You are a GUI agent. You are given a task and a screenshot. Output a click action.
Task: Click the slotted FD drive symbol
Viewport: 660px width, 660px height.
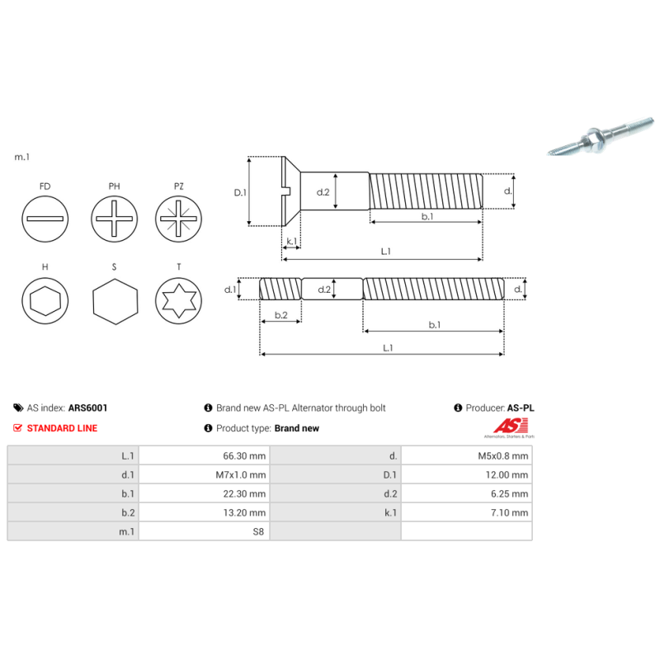click(x=45, y=219)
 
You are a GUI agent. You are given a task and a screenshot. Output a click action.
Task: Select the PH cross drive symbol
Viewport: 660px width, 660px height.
click(x=113, y=219)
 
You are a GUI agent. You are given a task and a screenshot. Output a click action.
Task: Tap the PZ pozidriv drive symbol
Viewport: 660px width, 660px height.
click(x=179, y=219)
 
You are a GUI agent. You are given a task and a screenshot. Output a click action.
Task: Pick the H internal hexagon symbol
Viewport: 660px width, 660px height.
click(x=45, y=303)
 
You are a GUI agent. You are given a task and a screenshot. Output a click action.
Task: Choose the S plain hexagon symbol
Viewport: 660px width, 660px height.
click(x=113, y=303)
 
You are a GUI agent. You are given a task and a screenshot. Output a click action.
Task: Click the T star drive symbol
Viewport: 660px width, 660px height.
click(x=179, y=303)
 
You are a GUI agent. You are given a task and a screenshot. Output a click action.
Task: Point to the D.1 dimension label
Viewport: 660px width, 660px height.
click(x=240, y=192)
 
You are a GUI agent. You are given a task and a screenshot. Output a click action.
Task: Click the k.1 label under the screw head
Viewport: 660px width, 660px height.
click(x=291, y=242)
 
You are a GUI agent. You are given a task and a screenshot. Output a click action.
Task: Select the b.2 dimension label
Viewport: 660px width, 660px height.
click(x=280, y=315)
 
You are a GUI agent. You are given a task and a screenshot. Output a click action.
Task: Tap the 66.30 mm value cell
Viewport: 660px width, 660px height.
click(x=204, y=455)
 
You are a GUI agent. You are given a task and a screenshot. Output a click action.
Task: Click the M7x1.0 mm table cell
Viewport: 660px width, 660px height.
click(x=204, y=474)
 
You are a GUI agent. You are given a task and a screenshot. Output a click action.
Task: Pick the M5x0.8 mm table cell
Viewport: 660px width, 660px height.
click(x=466, y=455)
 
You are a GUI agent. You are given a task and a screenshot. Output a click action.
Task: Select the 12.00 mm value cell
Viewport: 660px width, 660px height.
click(x=466, y=474)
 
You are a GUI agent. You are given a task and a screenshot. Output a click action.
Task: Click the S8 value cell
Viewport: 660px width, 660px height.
click(x=204, y=532)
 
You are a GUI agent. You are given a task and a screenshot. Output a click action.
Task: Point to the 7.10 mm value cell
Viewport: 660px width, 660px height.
click(x=466, y=513)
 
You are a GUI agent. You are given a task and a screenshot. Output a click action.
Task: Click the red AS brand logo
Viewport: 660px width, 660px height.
click(x=505, y=426)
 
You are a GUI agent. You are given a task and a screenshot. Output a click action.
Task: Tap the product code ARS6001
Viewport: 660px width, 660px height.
click(x=87, y=408)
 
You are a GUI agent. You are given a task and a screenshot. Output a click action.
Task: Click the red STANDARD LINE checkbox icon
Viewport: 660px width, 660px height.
click(x=18, y=428)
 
